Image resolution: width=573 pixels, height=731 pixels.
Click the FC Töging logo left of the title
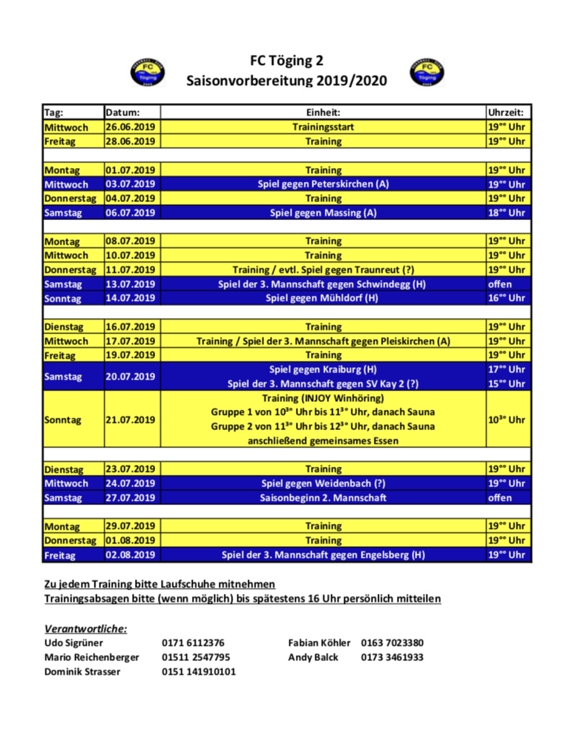coord(146,72)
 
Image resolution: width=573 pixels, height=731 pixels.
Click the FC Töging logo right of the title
coord(427,72)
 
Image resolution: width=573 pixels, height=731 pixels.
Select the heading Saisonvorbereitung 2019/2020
coord(286,81)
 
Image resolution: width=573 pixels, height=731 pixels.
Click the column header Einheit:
coord(323,113)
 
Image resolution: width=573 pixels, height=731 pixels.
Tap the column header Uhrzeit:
coord(508,113)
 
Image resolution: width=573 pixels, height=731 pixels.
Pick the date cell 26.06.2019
coord(131,127)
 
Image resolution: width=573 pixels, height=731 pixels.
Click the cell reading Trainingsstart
coord(323,127)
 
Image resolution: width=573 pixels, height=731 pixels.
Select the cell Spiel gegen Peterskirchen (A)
coord(323,184)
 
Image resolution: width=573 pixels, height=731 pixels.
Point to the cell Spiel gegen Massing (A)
coord(323,213)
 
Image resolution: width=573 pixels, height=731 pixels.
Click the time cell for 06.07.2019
coord(508,213)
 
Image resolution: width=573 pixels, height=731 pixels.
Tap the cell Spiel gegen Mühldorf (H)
coord(323,298)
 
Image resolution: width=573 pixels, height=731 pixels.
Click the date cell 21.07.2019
coord(131,419)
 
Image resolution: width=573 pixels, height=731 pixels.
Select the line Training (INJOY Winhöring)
coord(323,398)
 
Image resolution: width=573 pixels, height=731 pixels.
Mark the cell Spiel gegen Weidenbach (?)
coord(323,483)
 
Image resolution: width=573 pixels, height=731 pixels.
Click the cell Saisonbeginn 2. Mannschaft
coord(323,498)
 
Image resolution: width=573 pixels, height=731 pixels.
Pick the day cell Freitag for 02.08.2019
coord(61,555)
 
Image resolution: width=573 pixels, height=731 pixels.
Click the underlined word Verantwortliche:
coord(86,629)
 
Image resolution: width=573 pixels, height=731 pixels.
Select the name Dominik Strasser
coord(82,672)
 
